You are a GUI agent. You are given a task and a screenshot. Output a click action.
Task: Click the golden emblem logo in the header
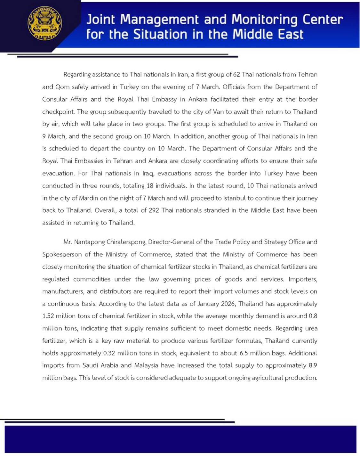[x=45, y=23]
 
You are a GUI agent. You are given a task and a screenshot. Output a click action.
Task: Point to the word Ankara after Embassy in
[x=198, y=99]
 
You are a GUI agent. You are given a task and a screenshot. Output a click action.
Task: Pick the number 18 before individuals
[x=150, y=186]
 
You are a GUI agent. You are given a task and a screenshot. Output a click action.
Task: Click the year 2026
[x=228, y=304]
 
